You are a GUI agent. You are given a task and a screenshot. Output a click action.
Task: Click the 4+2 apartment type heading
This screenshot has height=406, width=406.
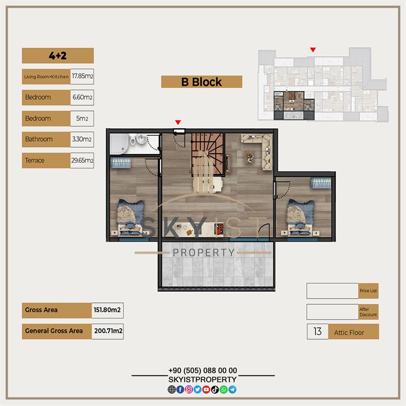[58, 56]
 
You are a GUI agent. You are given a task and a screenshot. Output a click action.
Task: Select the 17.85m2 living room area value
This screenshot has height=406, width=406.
[82, 76]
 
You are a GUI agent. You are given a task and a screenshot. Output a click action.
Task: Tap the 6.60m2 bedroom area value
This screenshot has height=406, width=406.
[82, 97]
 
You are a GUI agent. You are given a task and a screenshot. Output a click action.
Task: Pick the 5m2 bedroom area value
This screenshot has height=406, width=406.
[82, 119]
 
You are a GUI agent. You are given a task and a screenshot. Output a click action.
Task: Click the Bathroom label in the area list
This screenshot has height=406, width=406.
[39, 139]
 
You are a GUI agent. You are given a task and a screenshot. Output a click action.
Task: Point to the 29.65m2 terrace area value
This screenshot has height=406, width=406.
[82, 161]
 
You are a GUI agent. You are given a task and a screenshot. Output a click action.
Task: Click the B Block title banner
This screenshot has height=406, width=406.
[201, 82]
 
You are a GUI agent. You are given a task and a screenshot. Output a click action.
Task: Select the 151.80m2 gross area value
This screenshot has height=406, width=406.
[107, 310]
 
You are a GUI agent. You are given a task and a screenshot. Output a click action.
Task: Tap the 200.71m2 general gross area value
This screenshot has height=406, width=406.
[107, 331]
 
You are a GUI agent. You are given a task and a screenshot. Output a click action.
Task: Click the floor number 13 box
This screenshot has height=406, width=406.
[318, 331]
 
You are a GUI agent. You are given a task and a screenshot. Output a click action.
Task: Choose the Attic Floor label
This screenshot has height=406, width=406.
[349, 332]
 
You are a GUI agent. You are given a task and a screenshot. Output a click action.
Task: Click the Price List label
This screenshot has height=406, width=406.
[368, 291]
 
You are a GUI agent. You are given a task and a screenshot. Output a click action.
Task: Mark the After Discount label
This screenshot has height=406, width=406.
[368, 312]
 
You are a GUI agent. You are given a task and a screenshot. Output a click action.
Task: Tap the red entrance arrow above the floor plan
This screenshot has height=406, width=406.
[178, 122]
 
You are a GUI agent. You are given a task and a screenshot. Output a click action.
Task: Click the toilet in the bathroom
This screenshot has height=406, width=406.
[133, 140]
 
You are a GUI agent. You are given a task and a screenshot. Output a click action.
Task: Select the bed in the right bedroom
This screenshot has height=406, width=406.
[300, 218]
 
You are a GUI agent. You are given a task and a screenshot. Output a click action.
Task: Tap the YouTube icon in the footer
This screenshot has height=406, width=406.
[206, 389]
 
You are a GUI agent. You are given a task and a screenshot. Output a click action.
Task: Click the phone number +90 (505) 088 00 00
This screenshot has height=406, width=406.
[203, 371]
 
